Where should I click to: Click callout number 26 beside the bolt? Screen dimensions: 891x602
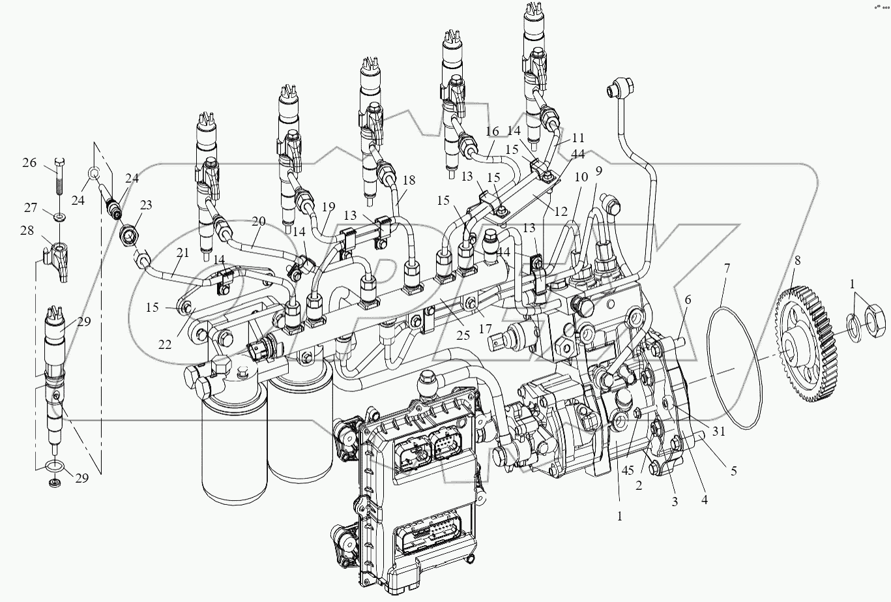pos(29,163)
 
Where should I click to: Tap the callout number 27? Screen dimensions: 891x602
pos(31,208)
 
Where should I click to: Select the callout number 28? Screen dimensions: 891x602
pos(27,230)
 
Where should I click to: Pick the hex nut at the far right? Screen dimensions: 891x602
pos(875,320)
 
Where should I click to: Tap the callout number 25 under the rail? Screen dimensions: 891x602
pos(463,335)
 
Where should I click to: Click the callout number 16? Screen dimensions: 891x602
pos(492,131)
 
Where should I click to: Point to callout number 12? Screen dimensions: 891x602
pos(561,211)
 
